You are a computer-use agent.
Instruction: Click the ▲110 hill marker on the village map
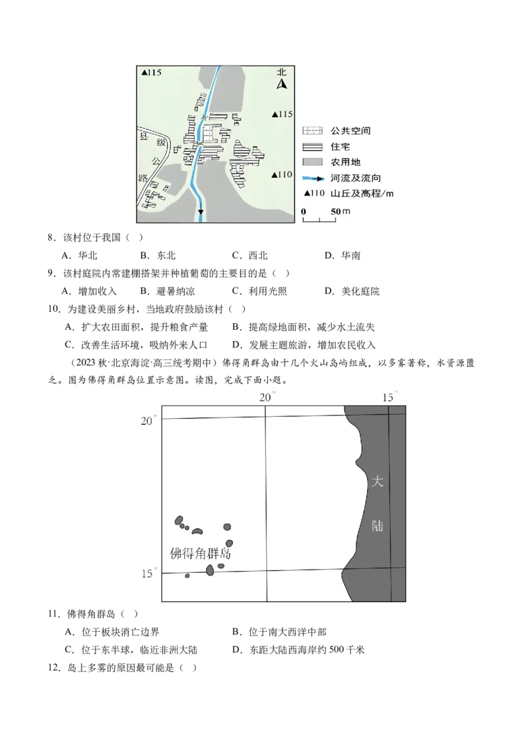(x=282, y=175)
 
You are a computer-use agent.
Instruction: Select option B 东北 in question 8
(x=158, y=256)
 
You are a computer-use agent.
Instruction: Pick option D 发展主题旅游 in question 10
(x=303, y=345)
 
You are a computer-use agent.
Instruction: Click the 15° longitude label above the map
(x=389, y=397)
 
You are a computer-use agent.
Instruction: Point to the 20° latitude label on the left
(x=148, y=421)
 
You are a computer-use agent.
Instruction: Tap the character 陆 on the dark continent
(x=378, y=527)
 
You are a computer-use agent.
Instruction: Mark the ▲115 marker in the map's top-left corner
(x=151, y=73)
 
